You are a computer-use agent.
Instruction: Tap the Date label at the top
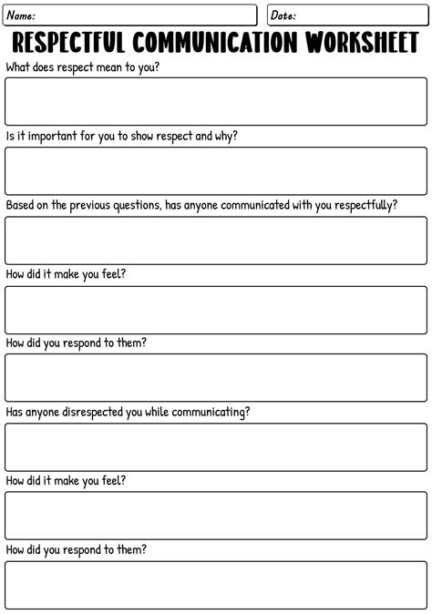click(283, 15)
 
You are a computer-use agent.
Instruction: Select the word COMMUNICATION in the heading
click(214, 42)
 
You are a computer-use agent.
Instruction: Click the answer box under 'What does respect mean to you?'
click(215, 101)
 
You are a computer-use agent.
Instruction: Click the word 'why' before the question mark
click(228, 137)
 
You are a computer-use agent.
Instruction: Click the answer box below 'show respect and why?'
click(215, 170)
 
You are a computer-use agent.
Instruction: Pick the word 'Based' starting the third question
click(21, 205)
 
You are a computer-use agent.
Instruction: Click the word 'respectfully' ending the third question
click(362, 205)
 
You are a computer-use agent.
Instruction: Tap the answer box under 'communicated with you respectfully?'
click(215, 240)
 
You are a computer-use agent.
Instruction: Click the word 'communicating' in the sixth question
click(210, 412)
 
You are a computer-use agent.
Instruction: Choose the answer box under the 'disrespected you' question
click(215, 446)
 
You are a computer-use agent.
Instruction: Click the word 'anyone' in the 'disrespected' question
click(52, 412)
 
